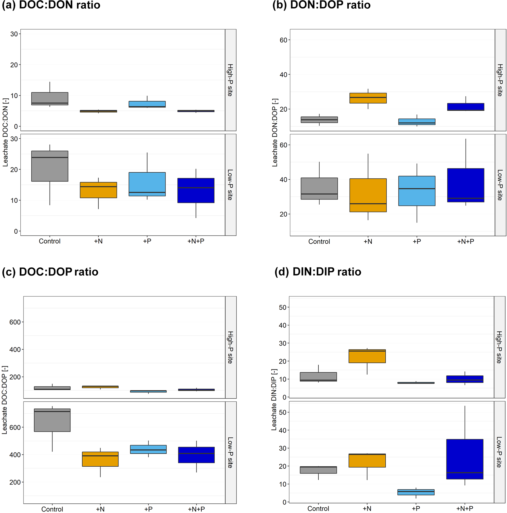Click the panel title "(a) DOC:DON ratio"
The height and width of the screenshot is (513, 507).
[51, 5]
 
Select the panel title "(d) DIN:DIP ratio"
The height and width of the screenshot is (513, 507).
[318, 272]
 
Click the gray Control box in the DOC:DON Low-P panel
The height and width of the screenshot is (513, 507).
[50, 166]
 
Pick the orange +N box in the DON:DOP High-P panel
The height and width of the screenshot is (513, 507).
[368, 98]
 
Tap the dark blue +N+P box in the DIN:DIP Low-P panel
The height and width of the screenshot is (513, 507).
[465, 459]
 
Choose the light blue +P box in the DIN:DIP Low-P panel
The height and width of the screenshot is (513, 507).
[416, 492]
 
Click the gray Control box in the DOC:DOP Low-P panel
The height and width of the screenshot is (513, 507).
[52, 420]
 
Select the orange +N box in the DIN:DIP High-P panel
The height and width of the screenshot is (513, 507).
[367, 356]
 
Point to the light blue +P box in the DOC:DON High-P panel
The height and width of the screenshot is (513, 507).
[147, 104]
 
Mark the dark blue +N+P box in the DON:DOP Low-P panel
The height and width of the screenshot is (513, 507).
[466, 185]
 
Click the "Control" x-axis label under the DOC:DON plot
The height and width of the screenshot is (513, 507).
[50, 241]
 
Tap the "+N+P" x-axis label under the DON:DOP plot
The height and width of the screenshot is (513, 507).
[465, 241]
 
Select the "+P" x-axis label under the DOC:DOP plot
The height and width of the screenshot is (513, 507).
[148, 509]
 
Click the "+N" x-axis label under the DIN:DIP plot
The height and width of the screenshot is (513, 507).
[367, 509]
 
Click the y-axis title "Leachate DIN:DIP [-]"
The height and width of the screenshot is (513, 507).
[274, 399]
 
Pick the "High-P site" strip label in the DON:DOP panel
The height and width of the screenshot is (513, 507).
[500, 80]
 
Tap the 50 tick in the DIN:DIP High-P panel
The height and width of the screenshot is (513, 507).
[282, 307]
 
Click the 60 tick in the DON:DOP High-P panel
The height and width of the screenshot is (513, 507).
[283, 40]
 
